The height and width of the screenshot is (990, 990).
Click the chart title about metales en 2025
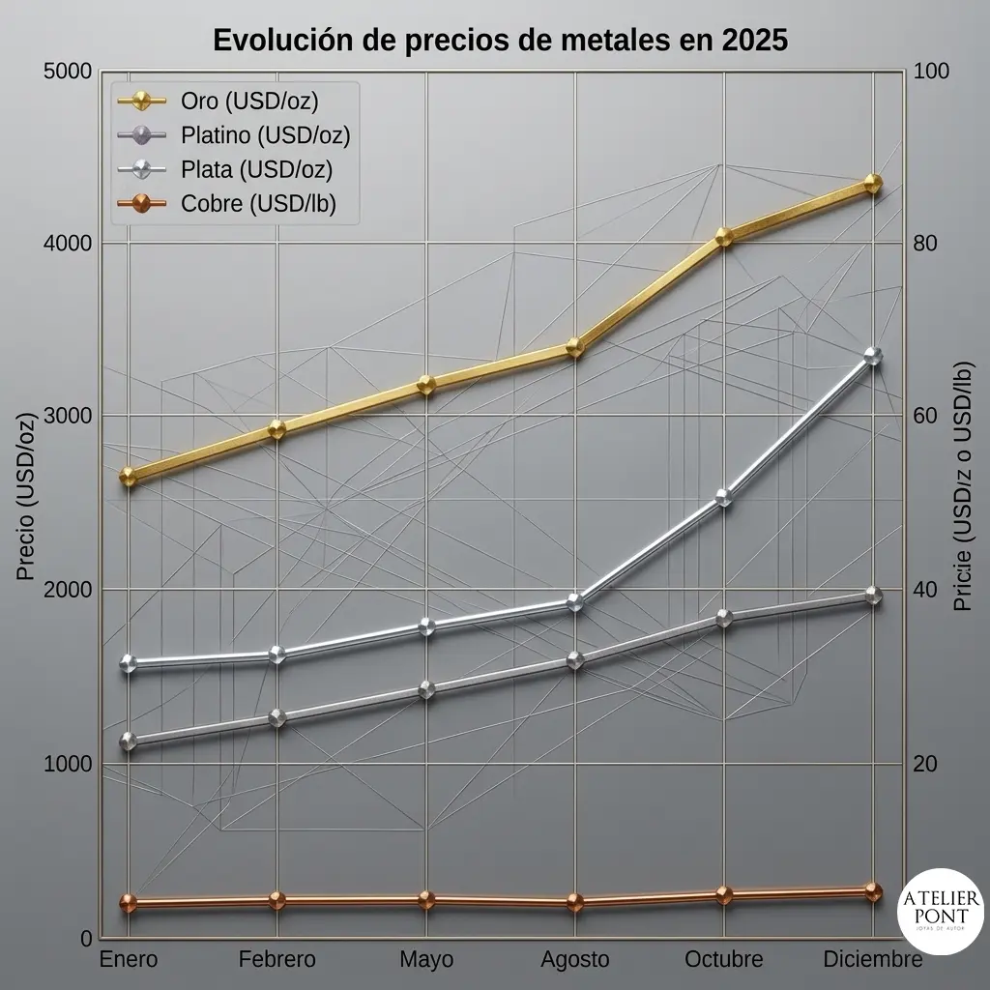click(500, 40)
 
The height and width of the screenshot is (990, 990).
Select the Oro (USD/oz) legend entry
click(218, 101)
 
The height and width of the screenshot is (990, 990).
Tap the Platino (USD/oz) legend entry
click(234, 134)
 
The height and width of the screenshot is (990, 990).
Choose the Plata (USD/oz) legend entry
click(224, 169)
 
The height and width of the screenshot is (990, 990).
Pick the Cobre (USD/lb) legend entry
click(226, 203)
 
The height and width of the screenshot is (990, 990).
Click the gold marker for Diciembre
click(873, 184)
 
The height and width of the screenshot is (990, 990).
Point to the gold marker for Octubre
click(724, 237)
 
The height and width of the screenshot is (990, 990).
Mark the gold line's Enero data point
click(129, 477)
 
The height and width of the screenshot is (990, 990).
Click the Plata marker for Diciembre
click(873, 356)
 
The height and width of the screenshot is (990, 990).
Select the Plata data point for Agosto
click(575, 602)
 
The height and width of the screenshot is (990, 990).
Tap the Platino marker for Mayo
click(426, 689)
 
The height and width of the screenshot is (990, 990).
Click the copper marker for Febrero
click(277, 900)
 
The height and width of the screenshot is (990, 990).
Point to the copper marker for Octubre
click(724, 894)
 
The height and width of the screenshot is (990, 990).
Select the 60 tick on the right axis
click(925, 416)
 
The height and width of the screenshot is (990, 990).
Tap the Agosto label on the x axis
click(575, 960)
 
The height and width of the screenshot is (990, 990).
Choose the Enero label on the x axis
click(129, 959)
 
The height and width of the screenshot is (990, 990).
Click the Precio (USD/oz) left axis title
click(25, 496)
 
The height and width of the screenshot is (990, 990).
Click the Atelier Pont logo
click(941, 911)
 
